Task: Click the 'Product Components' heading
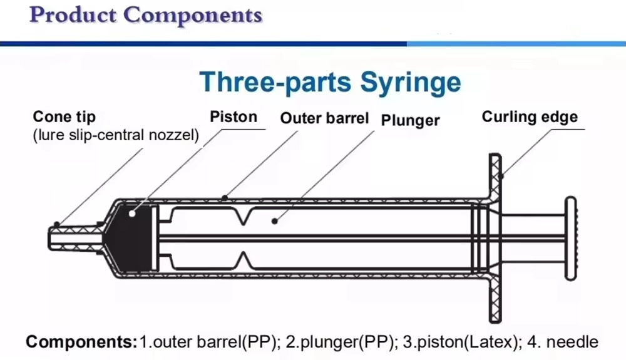click(145, 15)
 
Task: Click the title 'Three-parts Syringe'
click(330, 82)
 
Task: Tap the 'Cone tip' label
click(64, 117)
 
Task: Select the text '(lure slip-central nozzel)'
click(116, 135)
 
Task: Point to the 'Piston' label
click(233, 116)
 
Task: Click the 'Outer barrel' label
click(324, 118)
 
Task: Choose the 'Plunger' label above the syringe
click(411, 120)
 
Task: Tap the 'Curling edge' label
click(530, 116)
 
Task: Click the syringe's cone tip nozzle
click(69, 239)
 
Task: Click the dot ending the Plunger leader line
click(274, 220)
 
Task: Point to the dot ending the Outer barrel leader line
click(225, 197)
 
